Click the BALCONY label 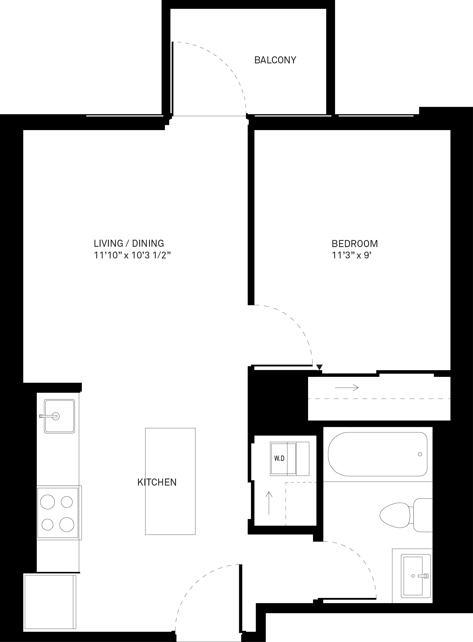tap(275, 60)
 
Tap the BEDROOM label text tap(355, 244)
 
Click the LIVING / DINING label tap(129, 243)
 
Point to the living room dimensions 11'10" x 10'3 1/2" tap(132, 255)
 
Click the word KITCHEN tap(157, 482)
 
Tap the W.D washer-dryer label tap(279, 459)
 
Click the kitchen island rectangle tap(170, 481)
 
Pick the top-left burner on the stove tap(48, 502)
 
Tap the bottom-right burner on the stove tap(67, 524)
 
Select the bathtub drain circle tap(420, 454)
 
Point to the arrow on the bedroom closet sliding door tap(347, 388)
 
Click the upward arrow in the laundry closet tap(269, 503)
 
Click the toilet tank tap(423, 515)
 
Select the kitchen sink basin tap(59, 416)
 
